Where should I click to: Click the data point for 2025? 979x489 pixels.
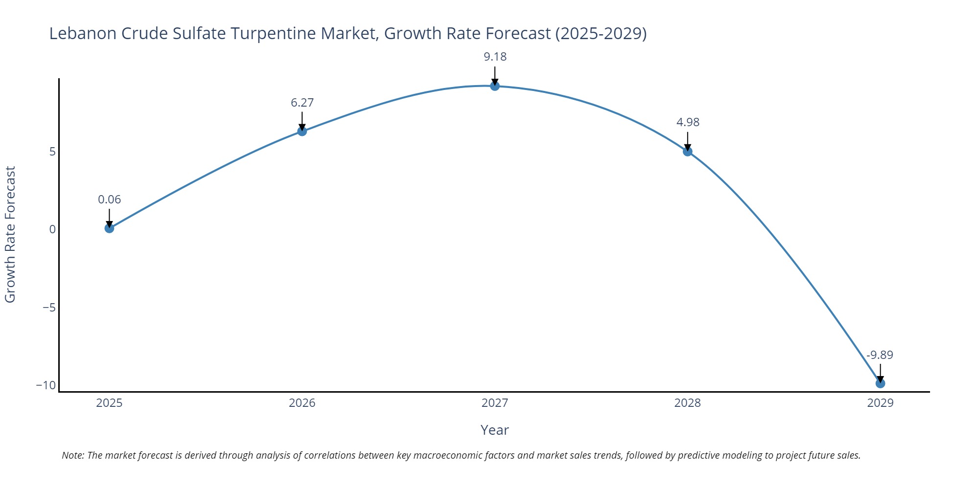[x=109, y=228]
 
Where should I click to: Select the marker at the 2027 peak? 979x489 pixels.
[x=495, y=86]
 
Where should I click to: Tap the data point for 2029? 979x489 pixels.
[x=880, y=383]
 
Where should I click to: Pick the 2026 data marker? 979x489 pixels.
[x=302, y=131]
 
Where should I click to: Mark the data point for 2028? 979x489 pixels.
[x=687, y=152]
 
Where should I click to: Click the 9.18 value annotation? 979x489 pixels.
[x=495, y=57]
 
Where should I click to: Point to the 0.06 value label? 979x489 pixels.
[x=109, y=200]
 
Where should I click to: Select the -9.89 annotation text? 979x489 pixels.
[x=880, y=355]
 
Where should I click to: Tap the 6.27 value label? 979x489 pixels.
[x=302, y=103]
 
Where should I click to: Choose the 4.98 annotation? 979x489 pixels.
[x=688, y=122]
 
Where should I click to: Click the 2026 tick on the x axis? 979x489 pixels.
[x=302, y=403]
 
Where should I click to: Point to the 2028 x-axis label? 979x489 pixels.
[x=687, y=403]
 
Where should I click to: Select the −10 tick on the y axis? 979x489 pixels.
[x=46, y=385]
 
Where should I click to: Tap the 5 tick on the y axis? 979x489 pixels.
[x=52, y=152]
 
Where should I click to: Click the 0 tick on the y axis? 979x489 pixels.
[x=52, y=229]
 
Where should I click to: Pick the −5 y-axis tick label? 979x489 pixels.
[x=49, y=308]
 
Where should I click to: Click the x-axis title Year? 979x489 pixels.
[x=494, y=430]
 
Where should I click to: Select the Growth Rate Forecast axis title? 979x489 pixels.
[x=10, y=234]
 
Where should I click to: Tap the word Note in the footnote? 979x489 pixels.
[x=72, y=455]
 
